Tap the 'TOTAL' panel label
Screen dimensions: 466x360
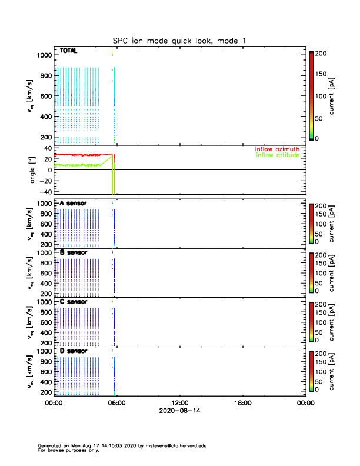(x=69, y=51)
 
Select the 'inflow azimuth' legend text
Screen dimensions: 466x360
(x=278, y=149)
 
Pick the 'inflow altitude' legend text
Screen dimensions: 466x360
(x=278, y=155)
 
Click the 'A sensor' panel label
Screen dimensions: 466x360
(x=74, y=204)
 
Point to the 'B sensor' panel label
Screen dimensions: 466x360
(x=74, y=252)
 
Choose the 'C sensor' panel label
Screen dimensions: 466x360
(x=74, y=302)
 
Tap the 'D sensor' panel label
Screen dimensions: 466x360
(x=74, y=351)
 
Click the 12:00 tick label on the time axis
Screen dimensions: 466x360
(x=179, y=404)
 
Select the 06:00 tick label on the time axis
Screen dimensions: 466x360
(x=116, y=404)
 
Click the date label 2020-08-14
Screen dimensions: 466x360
(x=179, y=411)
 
